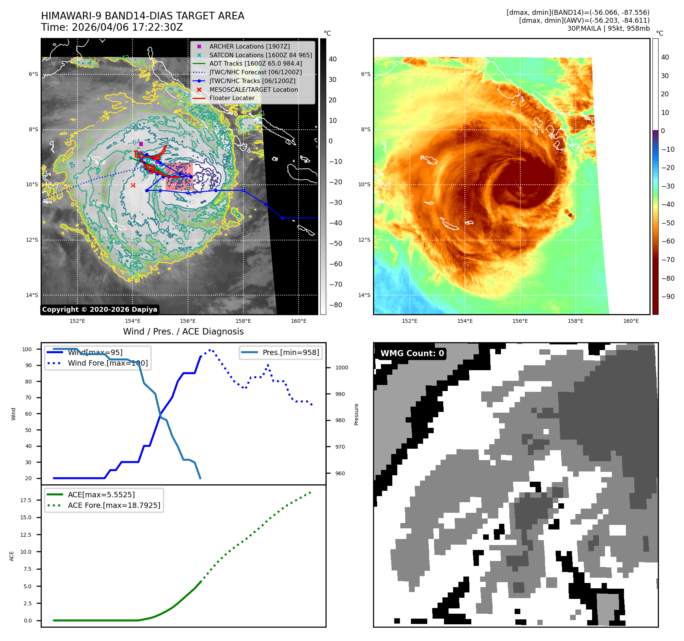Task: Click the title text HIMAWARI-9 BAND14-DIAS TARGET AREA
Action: pyautogui.click(x=142, y=16)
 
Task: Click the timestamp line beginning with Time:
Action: pyautogui.click(x=112, y=27)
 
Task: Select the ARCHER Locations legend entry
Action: pyautogui.click(x=249, y=46)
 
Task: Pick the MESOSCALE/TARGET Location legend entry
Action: pyautogui.click(x=253, y=90)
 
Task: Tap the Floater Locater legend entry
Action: pyautogui.click(x=232, y=98)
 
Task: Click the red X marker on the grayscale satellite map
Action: pyautogui.click(x=133, y=185)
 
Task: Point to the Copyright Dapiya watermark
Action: pyautogui.click(x=100, y=310)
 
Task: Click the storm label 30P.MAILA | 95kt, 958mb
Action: pyautogui.click(x=608, y=28)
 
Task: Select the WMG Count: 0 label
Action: pyautogui.click(x=412, y=353)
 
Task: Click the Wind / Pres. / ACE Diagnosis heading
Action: pyautogui.click(x=183, y=331)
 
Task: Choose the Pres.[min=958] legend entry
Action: pyautogui.click(x=291, y=352)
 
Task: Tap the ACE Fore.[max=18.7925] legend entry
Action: pyautogui.click(x=114, y=505)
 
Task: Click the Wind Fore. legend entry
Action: pyautogui.click(x=107, y=363)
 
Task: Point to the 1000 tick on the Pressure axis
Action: pyautogui.click(x=341, y=368)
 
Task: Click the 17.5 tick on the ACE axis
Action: pyautogui.click(x=26, y=500)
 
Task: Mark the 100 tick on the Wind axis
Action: pyautogui.click(x=27, y=349)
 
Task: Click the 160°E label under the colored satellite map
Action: pyautogui.click(x=631, y=321)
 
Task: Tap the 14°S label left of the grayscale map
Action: pyautogui.click(x=32, y=295)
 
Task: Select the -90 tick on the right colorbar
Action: pyautogui.click(x=668, y=297)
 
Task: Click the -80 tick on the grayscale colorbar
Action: pyautogui.click(x=335, y=305)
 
